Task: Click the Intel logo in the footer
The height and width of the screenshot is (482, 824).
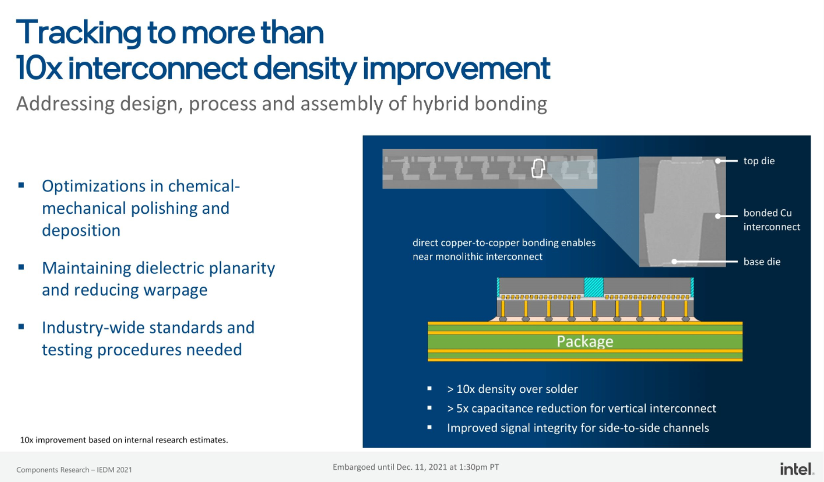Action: click(797, 469)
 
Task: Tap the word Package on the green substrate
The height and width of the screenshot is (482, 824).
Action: click(585, 342)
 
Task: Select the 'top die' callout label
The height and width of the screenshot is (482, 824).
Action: click(759, 161)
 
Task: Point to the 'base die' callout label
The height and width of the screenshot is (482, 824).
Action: click(762, 262)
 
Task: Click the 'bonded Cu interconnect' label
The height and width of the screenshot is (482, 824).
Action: click(772, 219)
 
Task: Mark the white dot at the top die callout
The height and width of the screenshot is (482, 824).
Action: click(718, 161)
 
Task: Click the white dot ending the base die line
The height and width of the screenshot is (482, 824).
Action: click(674, 262)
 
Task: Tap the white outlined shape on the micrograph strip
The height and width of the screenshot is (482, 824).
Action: click(538, 169)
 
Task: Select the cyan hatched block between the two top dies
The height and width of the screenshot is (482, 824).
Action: click(594, 287)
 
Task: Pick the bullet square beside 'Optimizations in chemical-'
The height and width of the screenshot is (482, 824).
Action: click(21, 185)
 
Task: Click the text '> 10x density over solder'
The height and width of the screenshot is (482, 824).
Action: click(512, 389)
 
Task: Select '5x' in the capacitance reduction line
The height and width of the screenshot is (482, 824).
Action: click(463, 409)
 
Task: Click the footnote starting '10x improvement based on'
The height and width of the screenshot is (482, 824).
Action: click(124, 440)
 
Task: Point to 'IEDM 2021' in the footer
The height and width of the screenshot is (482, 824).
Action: click(114, 470)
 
